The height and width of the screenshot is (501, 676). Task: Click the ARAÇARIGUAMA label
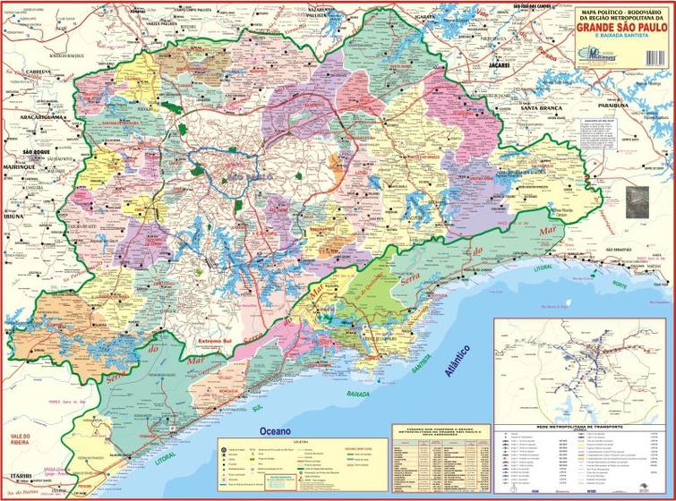pos(35,117)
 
